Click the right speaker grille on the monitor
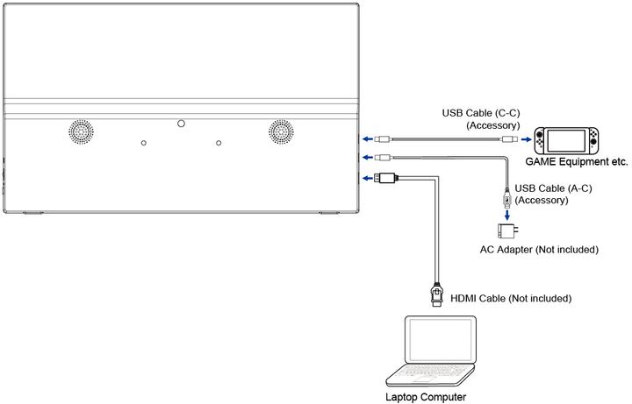[281, 131]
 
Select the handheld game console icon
[569, 139]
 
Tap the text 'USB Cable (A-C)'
[553, 188]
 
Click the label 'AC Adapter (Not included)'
[539, 250]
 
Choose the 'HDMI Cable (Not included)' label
[511, 299]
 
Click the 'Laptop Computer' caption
[427, 396]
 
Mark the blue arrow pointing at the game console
[526, 138]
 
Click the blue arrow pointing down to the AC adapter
[506, 215]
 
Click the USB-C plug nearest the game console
[509, 138]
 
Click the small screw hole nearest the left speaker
[143, 143]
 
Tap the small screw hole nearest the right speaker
[219, 143]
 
